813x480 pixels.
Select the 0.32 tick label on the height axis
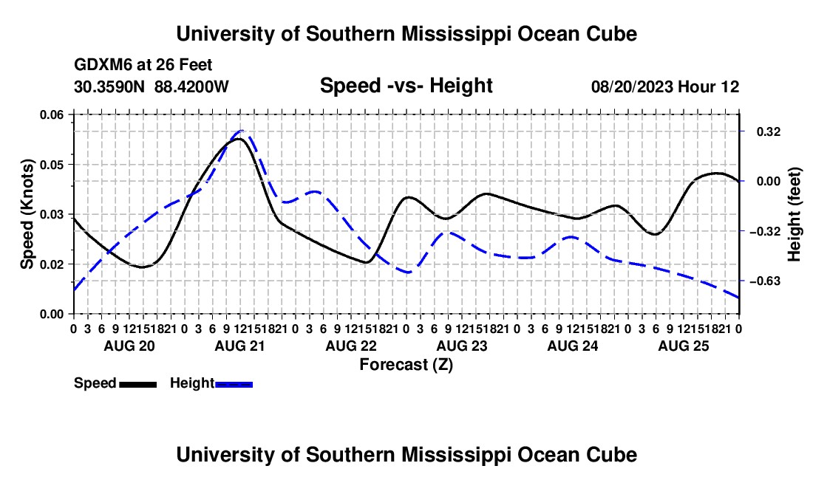click(769, 131)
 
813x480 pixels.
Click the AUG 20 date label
click(129, 346)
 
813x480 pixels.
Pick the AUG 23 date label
click(462, 346)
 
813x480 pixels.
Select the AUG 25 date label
click(684, 346)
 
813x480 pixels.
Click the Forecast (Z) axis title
click(406, 365)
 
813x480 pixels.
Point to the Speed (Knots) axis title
click(27, 214)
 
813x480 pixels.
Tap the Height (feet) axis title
click(794, 214)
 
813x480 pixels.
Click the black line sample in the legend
click(138, 384)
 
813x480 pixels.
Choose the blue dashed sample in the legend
click(234, 384)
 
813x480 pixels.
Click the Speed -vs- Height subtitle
click(406, 86)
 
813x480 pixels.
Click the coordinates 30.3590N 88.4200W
click(152, 86)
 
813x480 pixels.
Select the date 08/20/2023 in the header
click(632, 86)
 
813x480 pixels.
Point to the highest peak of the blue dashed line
click(242, 131)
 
